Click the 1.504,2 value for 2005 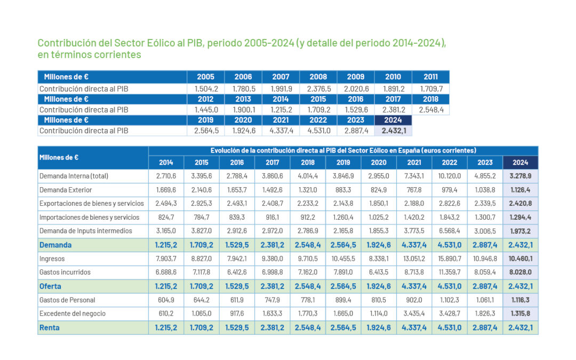coord(206,89)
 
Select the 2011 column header coord(430,77)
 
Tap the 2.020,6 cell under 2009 coord(356,89)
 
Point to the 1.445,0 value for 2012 coord(206,110)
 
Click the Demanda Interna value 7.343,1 coord(414,176)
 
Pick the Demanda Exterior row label coord(66,190)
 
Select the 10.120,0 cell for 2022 coord(449,176)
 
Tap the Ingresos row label coord(52,259)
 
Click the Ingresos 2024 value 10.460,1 coord(521,259)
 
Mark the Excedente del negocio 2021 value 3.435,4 coord(414,314)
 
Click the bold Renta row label coord(50,328)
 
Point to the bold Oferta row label coord(51,286)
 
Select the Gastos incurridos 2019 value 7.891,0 coord(343,273)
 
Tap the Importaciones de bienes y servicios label coord(89,218)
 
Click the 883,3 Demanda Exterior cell coord(343,190)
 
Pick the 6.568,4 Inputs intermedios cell coord(449,231)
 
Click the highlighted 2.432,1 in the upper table coord(393,131)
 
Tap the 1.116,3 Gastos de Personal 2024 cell coord(521,300)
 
